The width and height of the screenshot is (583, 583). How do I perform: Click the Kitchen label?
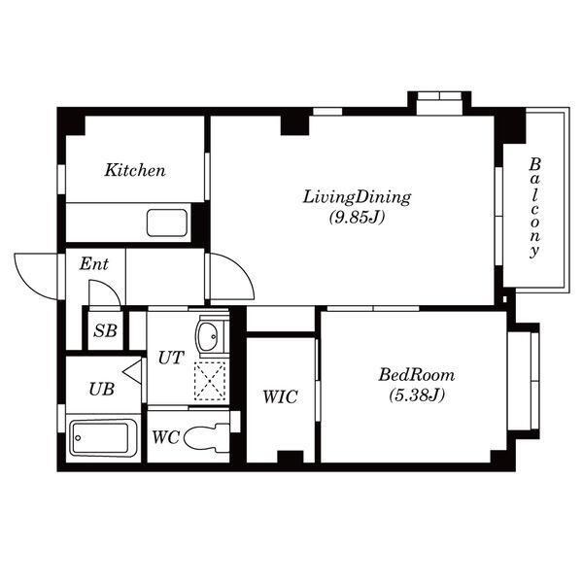135,170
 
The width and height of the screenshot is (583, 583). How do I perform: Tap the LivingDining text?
357,197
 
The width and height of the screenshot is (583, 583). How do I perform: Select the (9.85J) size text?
357,218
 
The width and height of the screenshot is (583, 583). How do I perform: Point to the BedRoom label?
417,375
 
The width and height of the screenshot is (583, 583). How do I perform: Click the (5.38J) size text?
417,394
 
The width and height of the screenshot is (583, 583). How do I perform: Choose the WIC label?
280,396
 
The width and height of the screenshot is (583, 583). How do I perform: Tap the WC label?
166,437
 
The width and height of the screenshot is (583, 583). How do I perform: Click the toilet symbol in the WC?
207,439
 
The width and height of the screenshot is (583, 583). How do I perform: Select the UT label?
171,358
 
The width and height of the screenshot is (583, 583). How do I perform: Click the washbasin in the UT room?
209,336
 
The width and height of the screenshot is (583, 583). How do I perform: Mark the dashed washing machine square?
210,381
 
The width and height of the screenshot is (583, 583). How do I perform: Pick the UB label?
101,390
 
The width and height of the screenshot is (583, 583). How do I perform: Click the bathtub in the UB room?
103,438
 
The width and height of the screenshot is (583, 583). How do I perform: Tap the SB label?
105,331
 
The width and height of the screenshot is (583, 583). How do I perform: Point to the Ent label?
93,264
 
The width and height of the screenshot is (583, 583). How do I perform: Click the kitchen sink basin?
167,223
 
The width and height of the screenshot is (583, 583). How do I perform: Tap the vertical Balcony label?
534,208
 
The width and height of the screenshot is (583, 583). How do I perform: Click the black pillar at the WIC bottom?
291,457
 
